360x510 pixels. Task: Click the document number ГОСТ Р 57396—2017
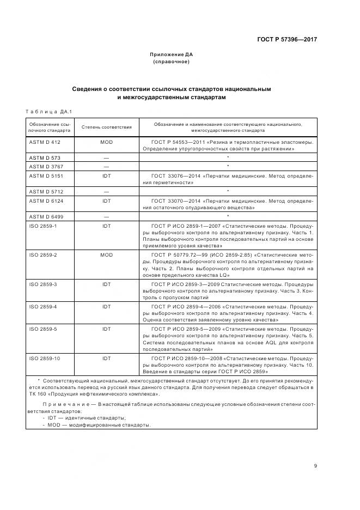287,40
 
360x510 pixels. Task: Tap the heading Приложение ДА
172,54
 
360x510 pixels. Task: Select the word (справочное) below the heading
172,62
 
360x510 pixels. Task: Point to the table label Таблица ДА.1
49,112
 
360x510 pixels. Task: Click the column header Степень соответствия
107,127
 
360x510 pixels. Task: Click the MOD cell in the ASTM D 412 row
106,142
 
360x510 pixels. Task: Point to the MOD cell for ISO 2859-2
106,255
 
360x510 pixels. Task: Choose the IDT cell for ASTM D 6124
106,201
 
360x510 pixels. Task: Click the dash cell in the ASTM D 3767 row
106,166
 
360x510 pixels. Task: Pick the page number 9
316,465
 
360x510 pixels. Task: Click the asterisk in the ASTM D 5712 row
227,191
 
